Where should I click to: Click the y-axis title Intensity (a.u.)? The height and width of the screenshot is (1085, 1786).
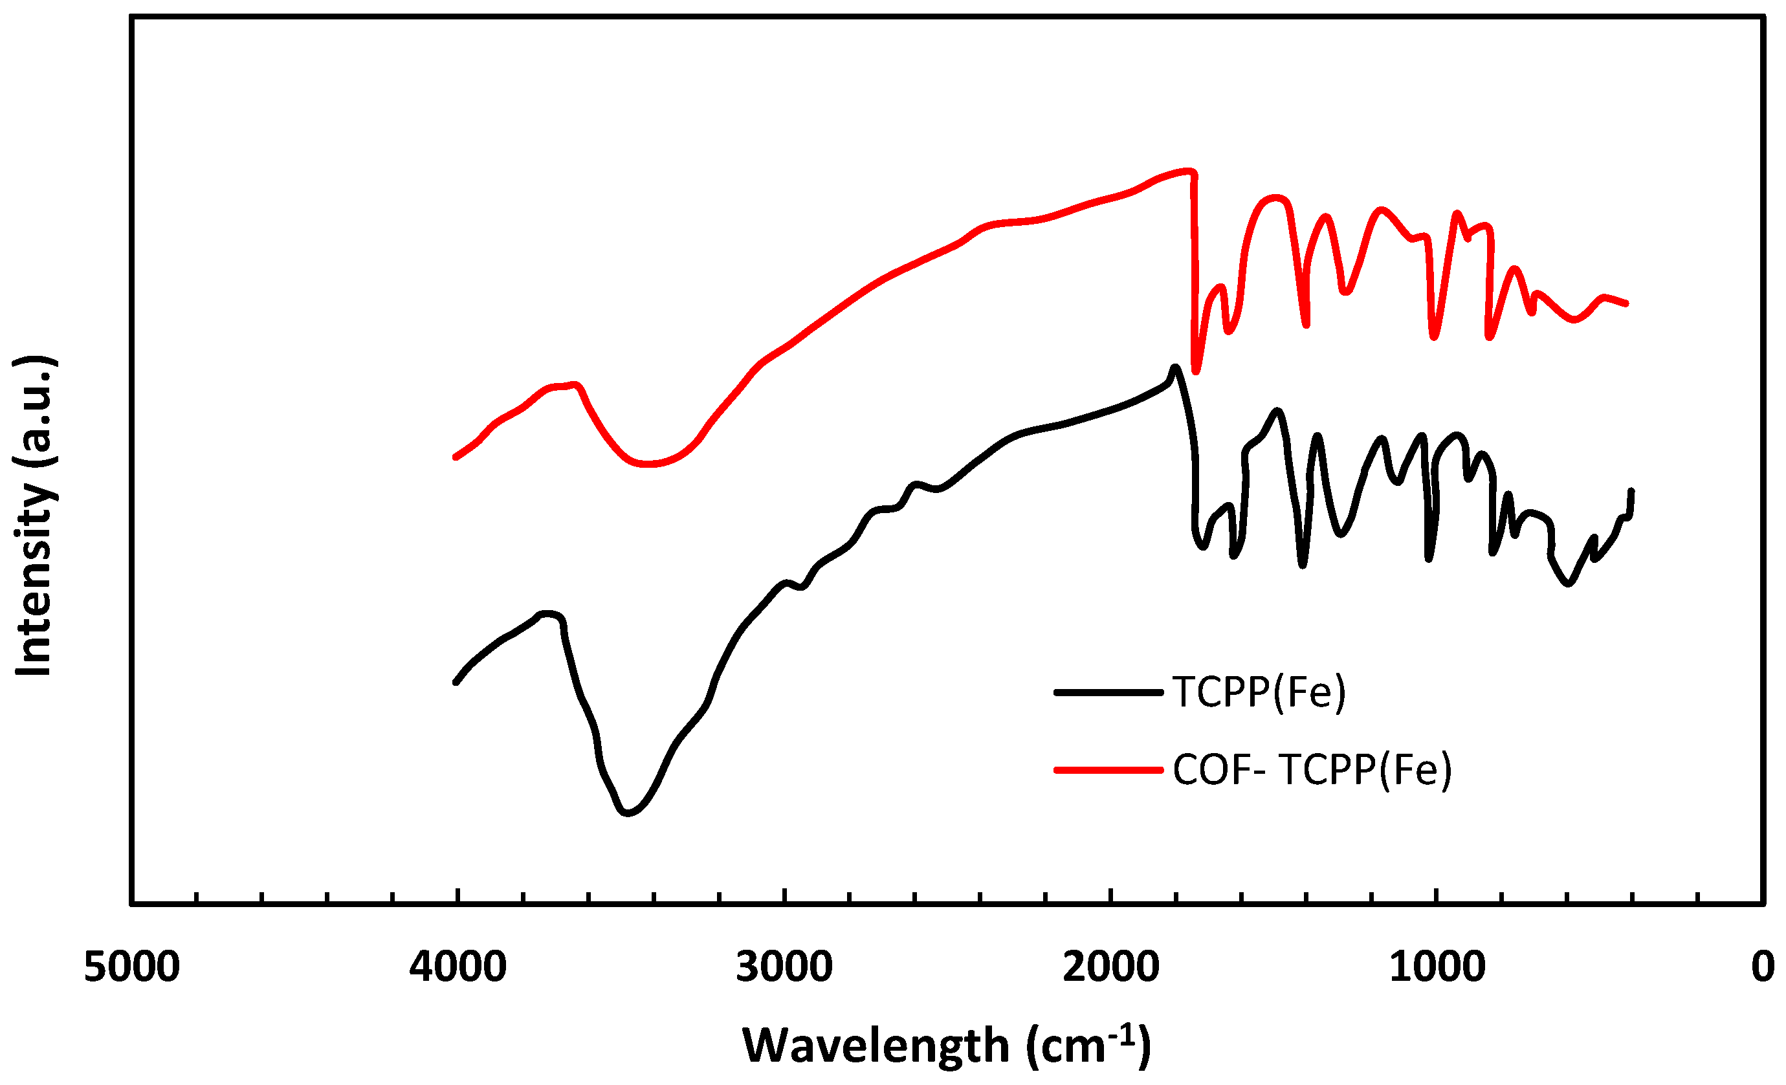(x=34, y=516)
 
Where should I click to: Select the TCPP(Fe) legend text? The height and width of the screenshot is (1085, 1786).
(x=1259, y=692)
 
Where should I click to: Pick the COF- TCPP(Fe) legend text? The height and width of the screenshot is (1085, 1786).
(x=1312, y=770)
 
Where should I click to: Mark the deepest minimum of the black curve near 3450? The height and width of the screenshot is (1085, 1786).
(x=628, y=813)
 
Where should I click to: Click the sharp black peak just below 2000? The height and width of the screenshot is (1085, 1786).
(x=1174, y=367)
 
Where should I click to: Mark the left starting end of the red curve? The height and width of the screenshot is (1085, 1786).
(x=455, y=457)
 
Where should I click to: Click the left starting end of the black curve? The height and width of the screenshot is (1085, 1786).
(x=455, y=682)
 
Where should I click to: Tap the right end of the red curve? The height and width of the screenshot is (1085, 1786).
(x=1627, y=303)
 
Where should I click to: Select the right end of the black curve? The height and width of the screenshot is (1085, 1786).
(x=1631, y=490)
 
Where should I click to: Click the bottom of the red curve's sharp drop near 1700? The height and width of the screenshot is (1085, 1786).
(x=1196, y=372)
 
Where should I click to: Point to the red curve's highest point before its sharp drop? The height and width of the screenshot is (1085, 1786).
(x=1189, y=171)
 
